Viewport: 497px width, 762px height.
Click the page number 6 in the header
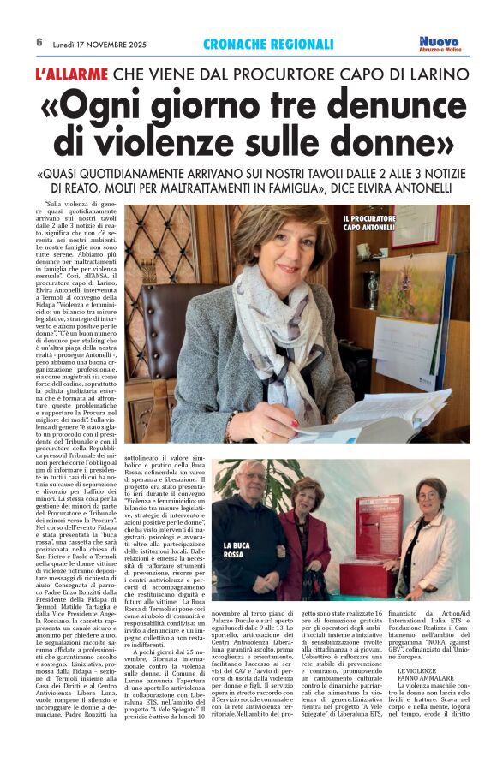[39, 42]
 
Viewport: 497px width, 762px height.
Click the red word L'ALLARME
[70, 74]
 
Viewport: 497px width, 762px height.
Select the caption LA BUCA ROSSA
[235, 550]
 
